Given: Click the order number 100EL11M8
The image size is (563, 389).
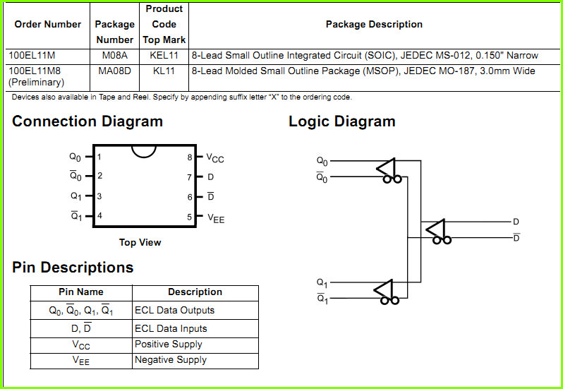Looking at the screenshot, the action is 35,71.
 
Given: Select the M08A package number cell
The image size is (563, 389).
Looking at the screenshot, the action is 114,56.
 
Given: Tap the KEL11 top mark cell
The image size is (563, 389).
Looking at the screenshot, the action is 164,56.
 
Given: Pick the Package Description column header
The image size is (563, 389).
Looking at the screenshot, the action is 374,25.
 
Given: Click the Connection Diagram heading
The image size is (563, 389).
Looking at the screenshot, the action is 87,121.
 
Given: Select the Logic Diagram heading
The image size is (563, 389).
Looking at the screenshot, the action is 341,121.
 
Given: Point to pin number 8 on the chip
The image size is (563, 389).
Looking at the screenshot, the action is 190,157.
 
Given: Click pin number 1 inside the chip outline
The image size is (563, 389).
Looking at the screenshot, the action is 99,157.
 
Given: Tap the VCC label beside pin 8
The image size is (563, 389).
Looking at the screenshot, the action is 215,158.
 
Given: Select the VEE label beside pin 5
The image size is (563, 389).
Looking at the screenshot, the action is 216,218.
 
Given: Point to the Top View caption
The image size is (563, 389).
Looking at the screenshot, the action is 140,242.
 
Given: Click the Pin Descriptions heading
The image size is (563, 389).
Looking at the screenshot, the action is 73,268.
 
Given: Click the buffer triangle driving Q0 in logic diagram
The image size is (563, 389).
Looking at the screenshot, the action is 386,168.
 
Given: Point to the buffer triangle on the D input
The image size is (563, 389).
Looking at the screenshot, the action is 435,229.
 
